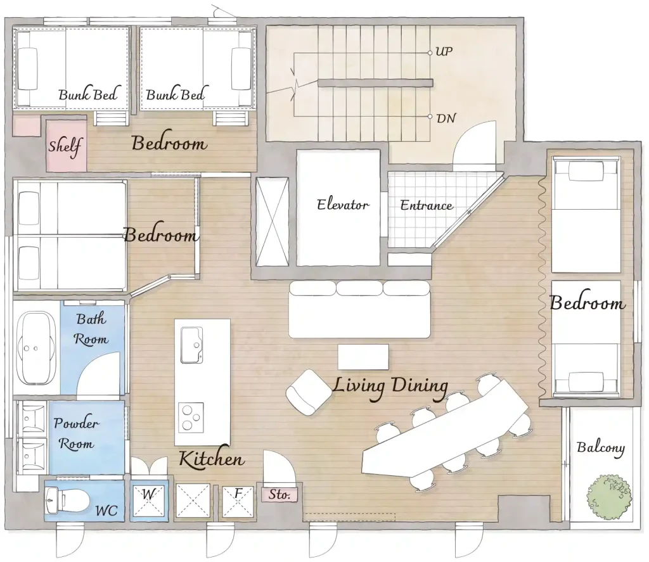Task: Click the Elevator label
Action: [x=343, y=205]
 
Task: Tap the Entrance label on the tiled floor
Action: [x=427, y=205]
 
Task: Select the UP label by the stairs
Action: [x=444, y=52]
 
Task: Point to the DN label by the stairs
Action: [x=446, y=118]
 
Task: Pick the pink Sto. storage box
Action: [x=280, y=494]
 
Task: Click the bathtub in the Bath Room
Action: [x=37, y=348]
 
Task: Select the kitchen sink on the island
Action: [x=191, y=345]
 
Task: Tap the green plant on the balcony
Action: [x=609, y=495]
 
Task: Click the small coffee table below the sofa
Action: [x=363, y=357]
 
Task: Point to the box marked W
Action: [x=149, y=501]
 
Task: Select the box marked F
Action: [x=238, y=501]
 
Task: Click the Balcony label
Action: [x=601, y=448]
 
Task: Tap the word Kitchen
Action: [x=212, y=459]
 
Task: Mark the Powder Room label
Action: [x=76, y=433]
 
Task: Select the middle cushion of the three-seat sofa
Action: [x=359, y=288]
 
